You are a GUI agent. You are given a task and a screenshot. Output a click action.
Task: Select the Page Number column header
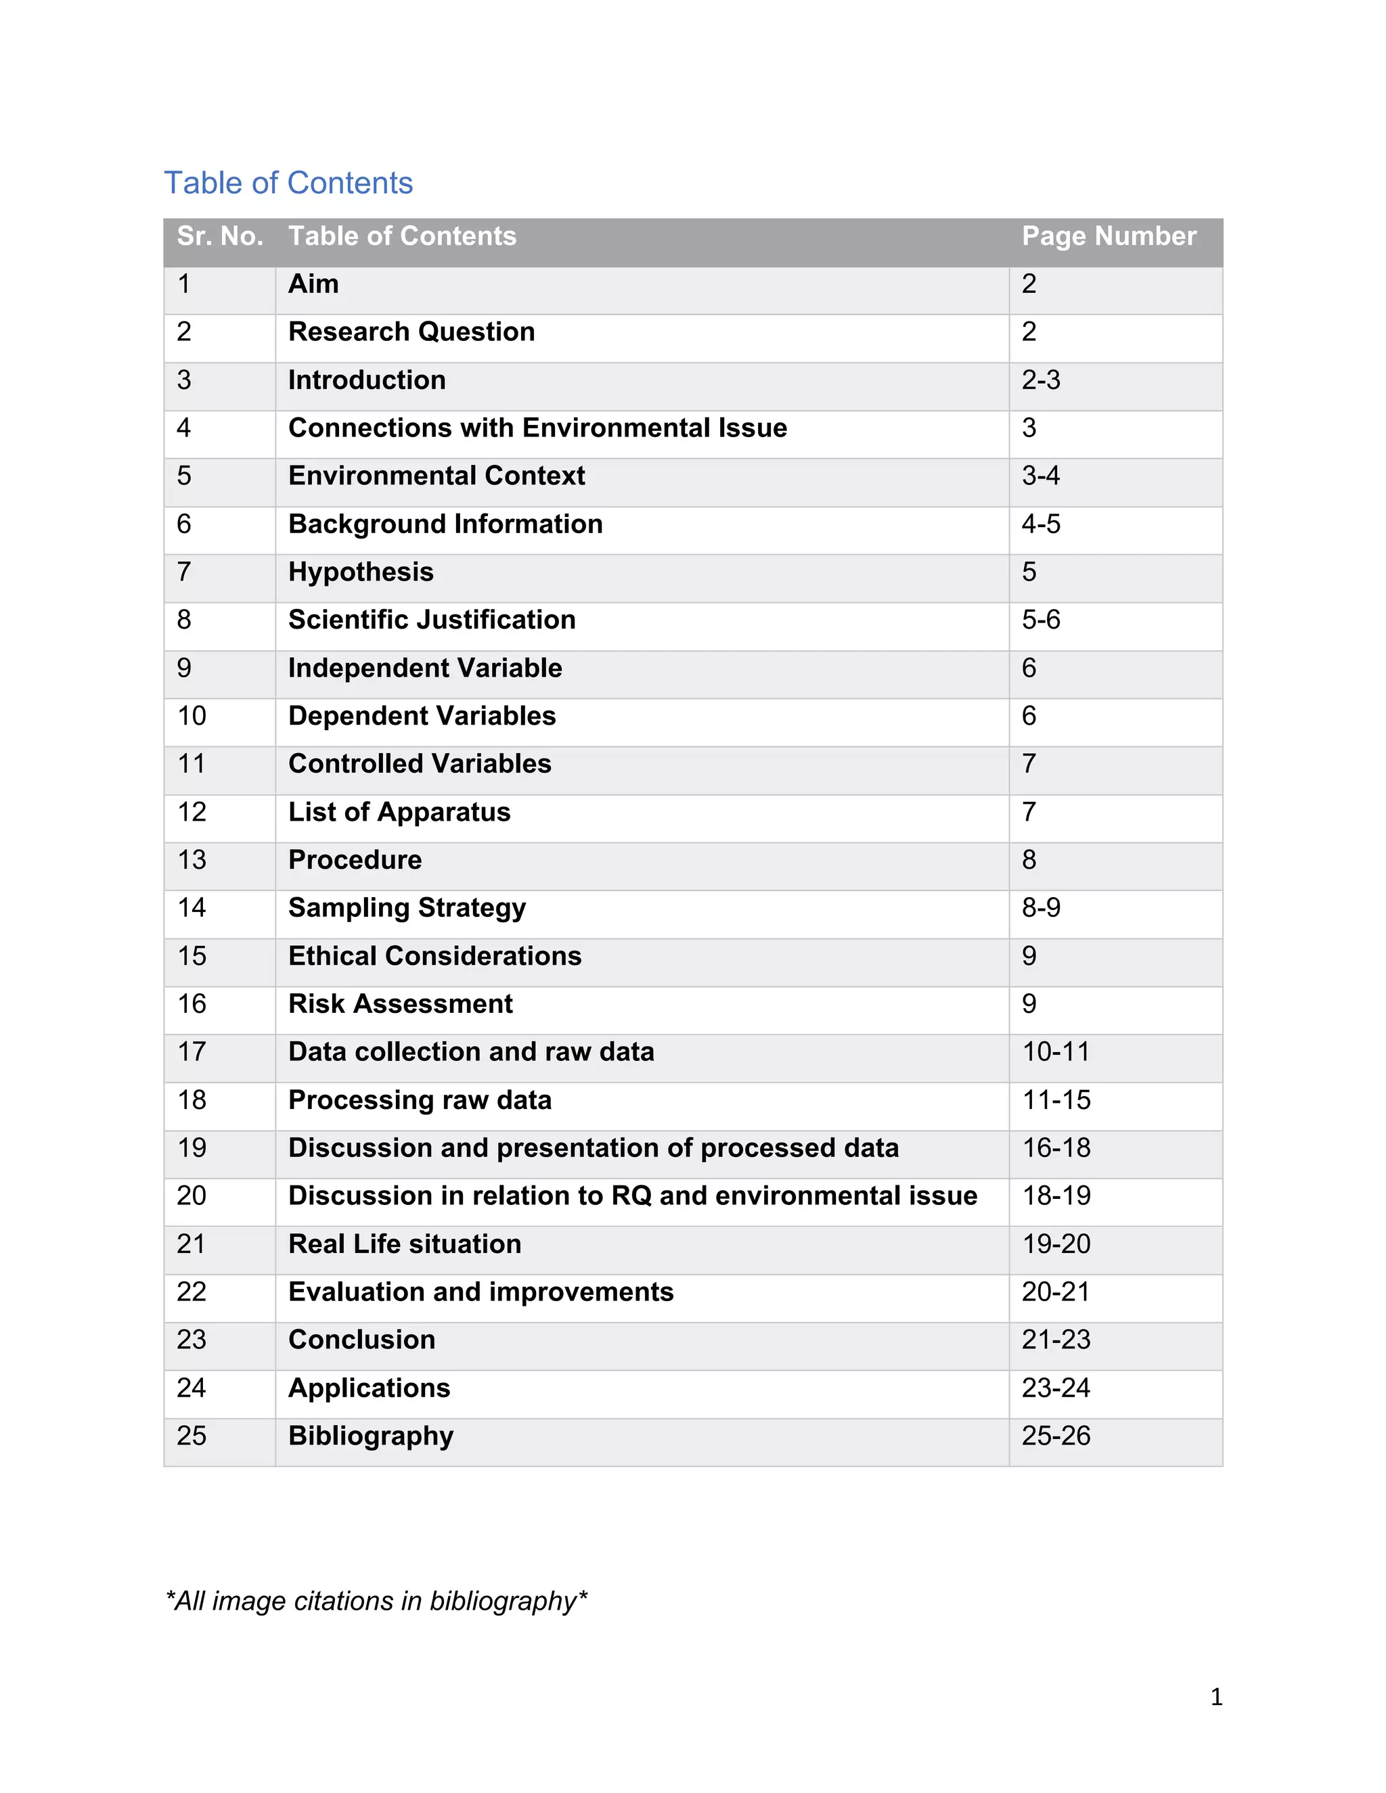1109,236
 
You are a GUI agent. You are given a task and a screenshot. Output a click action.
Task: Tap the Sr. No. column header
220,236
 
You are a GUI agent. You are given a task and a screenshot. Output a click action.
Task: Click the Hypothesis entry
361,572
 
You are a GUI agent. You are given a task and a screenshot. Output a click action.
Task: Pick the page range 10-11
1056,1051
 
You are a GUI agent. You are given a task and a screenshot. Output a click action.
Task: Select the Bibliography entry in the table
370,1435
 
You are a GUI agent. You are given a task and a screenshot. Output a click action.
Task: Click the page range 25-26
1056,1435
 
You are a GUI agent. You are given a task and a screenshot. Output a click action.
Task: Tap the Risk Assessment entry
400,1003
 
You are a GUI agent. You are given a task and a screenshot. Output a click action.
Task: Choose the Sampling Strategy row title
407,907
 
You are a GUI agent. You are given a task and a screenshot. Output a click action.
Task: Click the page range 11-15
1056,1099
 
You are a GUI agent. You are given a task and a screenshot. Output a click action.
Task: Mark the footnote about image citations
376,1601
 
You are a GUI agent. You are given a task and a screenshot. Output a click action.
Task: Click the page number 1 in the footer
1216,1697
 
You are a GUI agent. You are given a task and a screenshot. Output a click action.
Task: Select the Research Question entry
411,332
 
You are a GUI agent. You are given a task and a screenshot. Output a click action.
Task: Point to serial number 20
192,1196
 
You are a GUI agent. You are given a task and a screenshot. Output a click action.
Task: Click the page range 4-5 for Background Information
1040,524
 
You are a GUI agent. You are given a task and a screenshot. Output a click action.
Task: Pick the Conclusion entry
361,1339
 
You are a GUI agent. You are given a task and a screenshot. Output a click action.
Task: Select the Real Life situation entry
404,1244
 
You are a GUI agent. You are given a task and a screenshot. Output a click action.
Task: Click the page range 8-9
1040,907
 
